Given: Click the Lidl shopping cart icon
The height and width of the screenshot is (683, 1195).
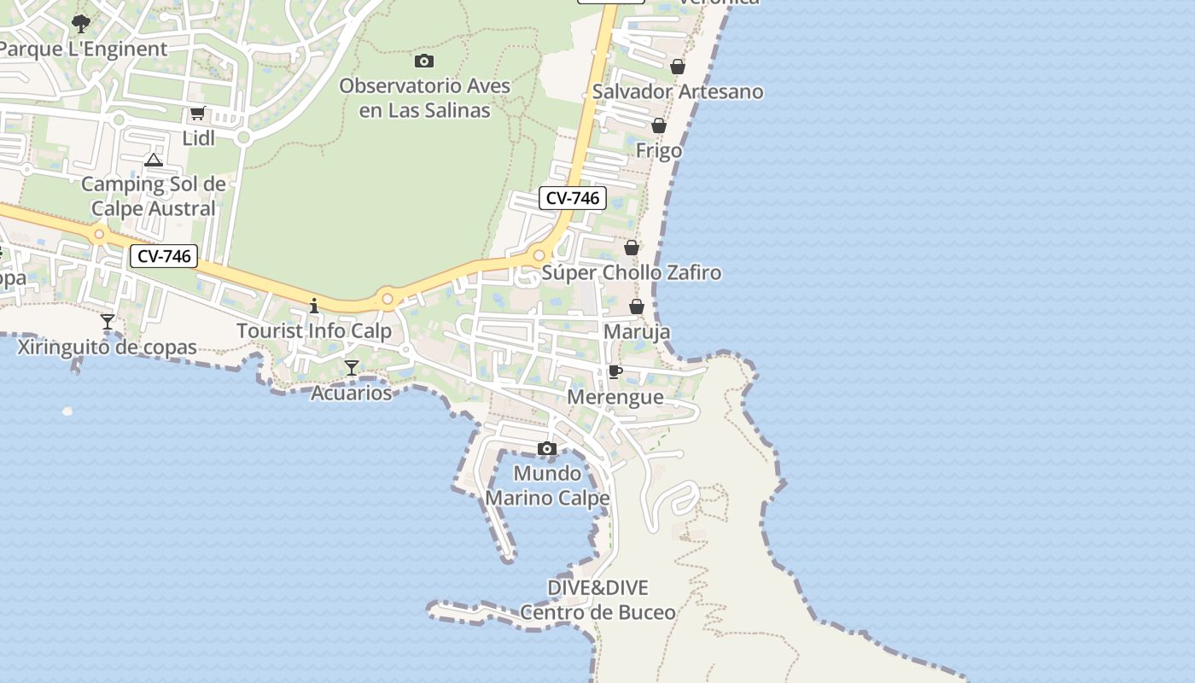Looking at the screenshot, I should [x=197, y=113].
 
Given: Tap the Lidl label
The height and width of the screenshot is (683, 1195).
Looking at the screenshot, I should [x=198, y=138].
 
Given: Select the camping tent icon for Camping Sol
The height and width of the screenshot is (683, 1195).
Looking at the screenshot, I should [x=154, y=160].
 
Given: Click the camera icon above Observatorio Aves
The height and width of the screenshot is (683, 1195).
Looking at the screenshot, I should [x=424, y=61].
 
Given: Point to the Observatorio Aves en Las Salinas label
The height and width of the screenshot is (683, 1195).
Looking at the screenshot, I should [x=424, y=97].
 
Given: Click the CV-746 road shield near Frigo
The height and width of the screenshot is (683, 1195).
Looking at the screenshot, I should [x=573, y=198].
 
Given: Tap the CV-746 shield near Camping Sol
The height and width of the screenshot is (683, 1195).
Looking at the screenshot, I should [x=164, y=255].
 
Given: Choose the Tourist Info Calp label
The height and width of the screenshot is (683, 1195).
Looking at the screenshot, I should [x=314, y=330].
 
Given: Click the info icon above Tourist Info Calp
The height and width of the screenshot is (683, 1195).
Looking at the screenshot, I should [x=314, y=306].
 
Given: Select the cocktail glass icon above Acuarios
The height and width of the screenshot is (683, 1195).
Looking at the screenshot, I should [x=352, y=368].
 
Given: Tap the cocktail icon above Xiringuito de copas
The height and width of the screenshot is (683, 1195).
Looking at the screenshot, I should [x=108, y=322].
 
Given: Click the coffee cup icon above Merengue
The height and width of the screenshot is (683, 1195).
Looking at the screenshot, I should [x=615, y=372].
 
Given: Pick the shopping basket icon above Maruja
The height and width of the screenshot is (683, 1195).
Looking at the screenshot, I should [x=637, y=306].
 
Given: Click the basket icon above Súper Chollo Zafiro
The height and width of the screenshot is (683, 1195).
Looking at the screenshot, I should [x=632, y=248].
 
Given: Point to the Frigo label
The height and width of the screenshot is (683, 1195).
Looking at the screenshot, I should [x=659, y=150].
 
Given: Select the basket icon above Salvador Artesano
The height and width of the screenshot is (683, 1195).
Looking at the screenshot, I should [x=678, y=67].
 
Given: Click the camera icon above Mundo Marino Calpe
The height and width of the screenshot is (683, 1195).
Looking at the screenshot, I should [x=547, y=449].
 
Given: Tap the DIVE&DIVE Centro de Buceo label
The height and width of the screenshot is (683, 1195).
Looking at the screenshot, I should [x=597, y=599].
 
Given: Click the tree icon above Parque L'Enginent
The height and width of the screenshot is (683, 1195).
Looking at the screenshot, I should [x=81, y=23].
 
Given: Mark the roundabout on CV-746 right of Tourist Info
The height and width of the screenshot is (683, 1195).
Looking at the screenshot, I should [x=388, y=299].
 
